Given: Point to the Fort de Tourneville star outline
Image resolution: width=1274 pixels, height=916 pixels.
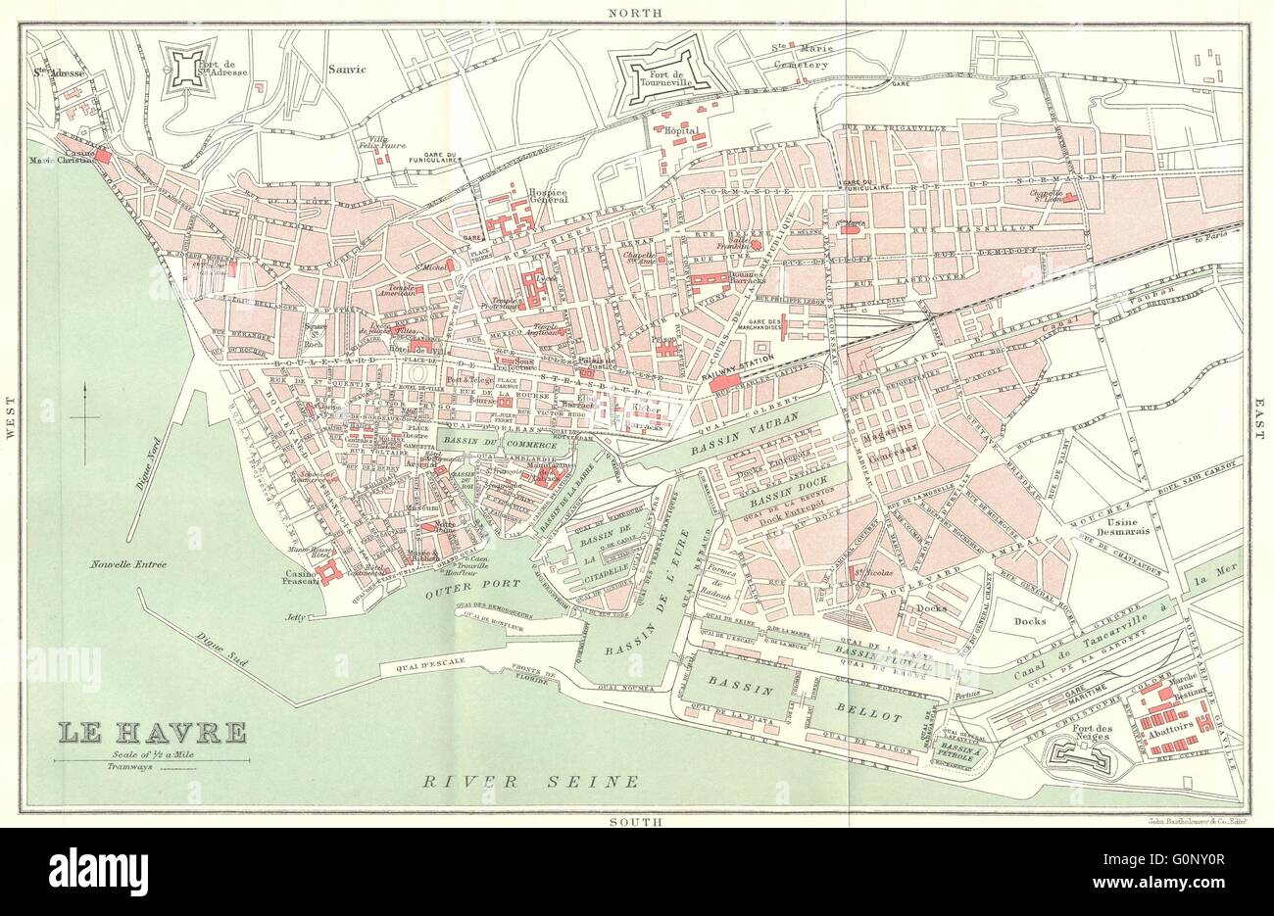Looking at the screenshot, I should pyautogui.click(x=668, y=72).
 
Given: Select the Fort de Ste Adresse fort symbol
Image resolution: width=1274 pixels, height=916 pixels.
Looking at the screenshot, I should pyautogui.click(x=198, y=70).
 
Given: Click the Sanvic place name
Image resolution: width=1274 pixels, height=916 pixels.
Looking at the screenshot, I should pyautogui.click(x=347, y=70).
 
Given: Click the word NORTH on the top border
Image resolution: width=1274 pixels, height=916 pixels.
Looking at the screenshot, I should pyautogui.click(x=635, y=13).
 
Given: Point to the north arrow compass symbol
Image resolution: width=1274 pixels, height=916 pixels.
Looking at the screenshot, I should pyautogui.click(x=85, y=418).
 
